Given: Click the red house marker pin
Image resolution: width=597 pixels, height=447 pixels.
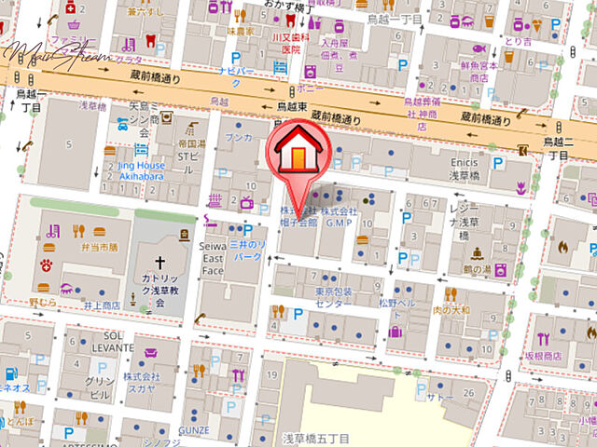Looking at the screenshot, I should pos(297,149).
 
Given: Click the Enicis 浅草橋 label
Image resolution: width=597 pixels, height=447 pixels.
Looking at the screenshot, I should pos(458,170).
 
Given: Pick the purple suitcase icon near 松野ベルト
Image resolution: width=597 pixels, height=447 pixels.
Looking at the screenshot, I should pos(395,331).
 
